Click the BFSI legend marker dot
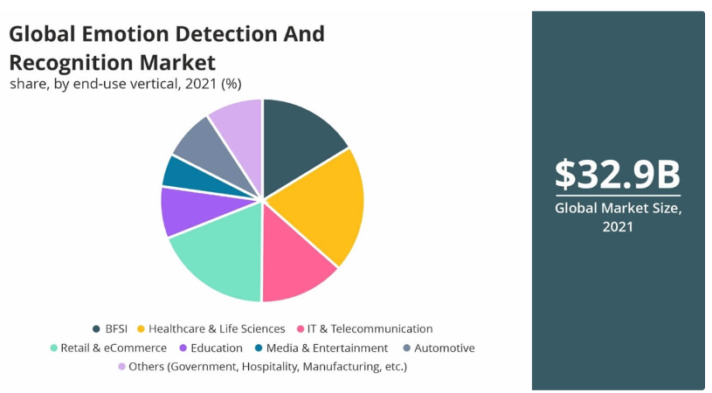point(96,329)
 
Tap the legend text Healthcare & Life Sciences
point(217,329)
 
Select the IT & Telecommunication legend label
point(370,329)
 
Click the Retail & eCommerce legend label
point(114,348)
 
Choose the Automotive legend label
point(444,348)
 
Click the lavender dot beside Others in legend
point(121,367)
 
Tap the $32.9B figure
point(618,174)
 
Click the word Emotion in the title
point(128,34)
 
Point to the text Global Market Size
point(618,209)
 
